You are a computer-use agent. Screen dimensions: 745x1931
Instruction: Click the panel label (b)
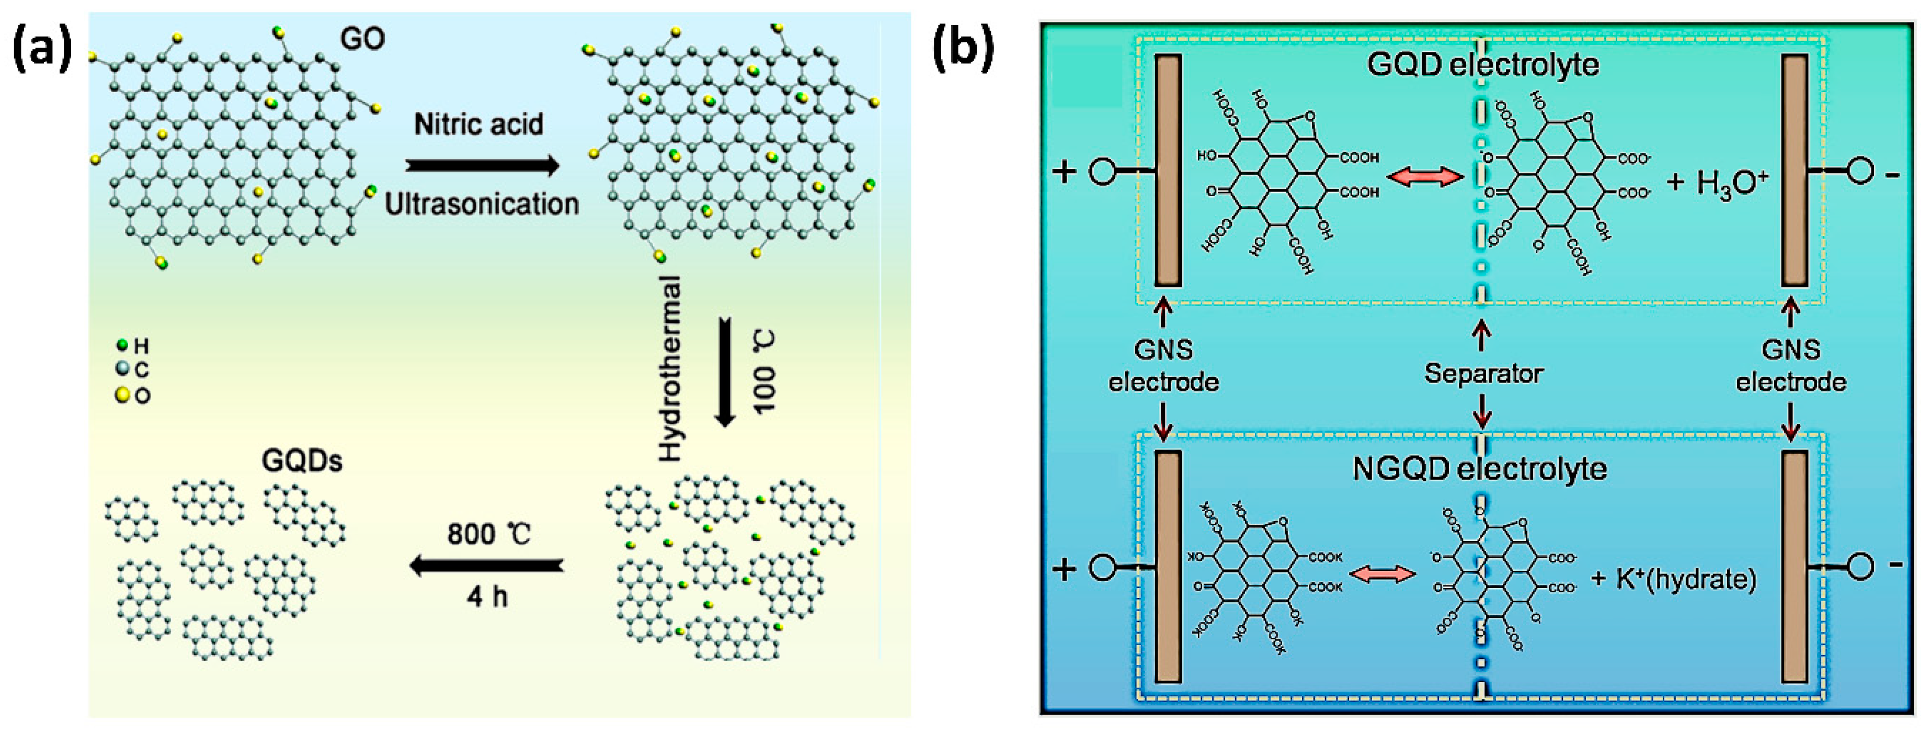pos(963,50)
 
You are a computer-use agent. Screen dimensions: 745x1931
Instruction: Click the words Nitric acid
pos(478,125)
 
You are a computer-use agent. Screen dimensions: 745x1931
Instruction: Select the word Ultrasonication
pos(481,204)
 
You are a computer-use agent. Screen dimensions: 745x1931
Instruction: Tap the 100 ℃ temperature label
pos(764,371)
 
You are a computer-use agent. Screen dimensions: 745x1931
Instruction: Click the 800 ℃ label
pos(489,534)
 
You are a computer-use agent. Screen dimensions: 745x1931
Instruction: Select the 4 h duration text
pos(487,597)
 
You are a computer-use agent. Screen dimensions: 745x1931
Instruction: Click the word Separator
pos(1483,373)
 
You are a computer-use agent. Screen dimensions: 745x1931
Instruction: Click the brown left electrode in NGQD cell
pos(1168,567)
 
